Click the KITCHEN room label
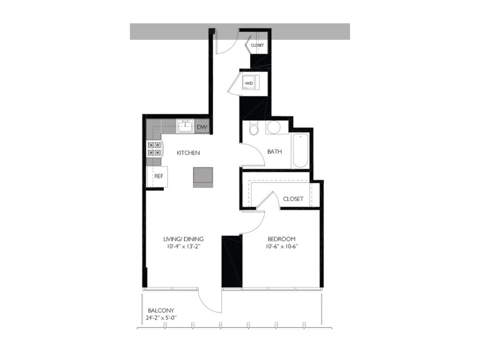(x=188, y=153)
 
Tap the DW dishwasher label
(x=202, y=127)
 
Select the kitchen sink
(x=185, y=126)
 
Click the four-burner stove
(x=154, y=149)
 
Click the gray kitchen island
(x=203, y=177)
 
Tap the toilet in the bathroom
(x=254, y=128)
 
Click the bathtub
(x=300, y=150)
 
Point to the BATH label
(x=274, y=151)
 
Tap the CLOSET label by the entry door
(x=257, y=45)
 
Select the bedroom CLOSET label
(x=293, y=199)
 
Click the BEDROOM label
(x=281, y=239)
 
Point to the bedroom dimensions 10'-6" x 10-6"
(x=281, y=246)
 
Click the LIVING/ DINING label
(x=183, y=239)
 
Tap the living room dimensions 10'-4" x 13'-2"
(x=184, y=246)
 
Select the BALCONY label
(x=161, y=310)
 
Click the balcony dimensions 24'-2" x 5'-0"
(x=161, y=318)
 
